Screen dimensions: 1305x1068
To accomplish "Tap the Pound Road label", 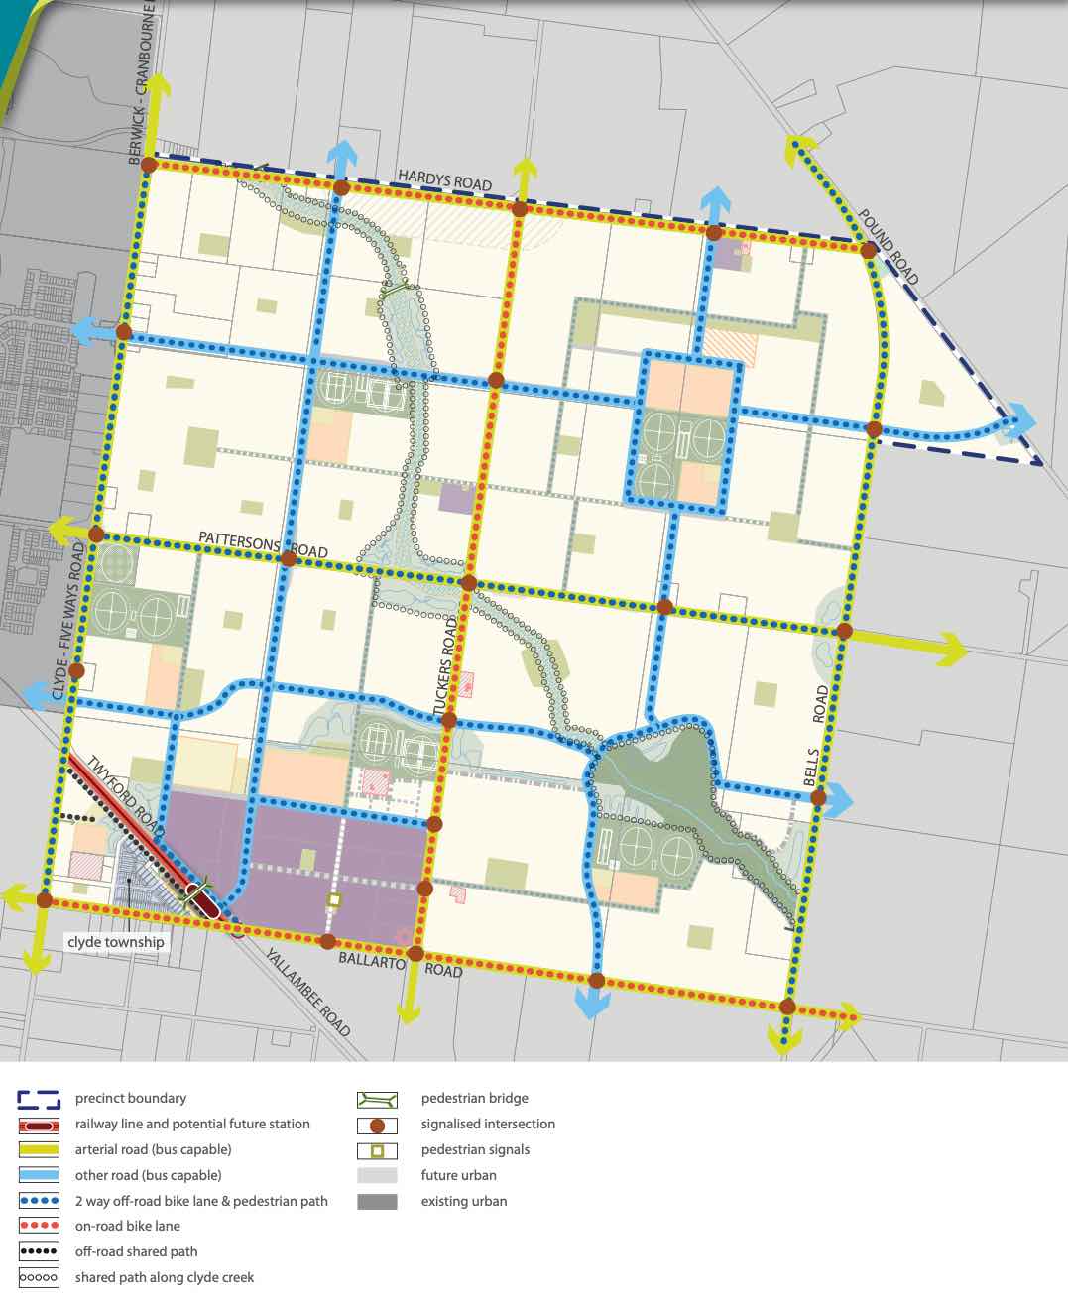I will coord(890,247).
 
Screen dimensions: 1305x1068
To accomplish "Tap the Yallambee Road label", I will coord(307,991).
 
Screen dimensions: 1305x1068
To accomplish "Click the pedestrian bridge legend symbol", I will coord(377,1099).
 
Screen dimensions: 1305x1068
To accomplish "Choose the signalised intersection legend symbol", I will coord(377,1125).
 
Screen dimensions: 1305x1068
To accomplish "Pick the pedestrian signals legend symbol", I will coord(377,1150).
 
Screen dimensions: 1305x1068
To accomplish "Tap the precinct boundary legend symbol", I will coord(39,1099).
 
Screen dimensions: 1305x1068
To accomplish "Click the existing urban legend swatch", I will coord(377,1202).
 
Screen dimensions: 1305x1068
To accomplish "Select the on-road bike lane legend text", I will coord(127,1227).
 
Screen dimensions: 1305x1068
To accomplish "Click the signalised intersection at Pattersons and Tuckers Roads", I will coord(469,584).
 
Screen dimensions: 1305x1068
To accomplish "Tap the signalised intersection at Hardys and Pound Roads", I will coord(868,251).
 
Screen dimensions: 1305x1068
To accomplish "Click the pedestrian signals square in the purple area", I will coord(334,899).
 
